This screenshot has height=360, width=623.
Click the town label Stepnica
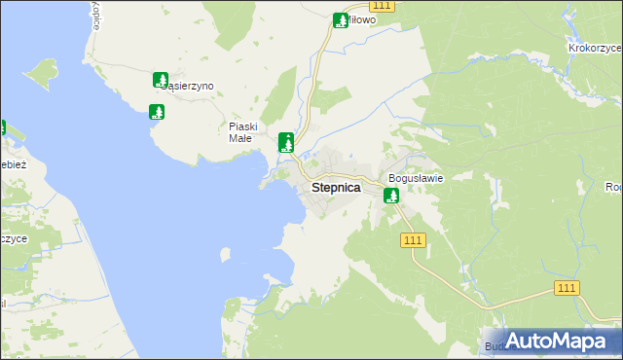(336, 188)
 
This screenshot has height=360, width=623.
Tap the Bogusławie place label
(416, 178)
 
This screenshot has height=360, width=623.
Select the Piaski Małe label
(241, 132)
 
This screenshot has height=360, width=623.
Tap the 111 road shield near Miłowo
(383, 6)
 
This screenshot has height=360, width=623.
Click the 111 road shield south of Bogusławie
(413, 240)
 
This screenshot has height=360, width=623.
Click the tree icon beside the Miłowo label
(341, 19)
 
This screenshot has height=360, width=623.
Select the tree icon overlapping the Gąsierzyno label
(161, 81)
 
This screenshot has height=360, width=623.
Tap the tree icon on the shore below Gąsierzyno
(156, 112)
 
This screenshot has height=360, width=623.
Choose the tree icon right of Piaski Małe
(286, 142)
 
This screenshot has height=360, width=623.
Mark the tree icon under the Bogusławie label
(391, 196)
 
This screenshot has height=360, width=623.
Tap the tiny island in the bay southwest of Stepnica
(226, 255)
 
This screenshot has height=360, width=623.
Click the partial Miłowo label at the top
(361, 19)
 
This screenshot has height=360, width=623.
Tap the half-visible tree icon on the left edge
(2, 127)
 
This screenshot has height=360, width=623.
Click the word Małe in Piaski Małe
(240, 138)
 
